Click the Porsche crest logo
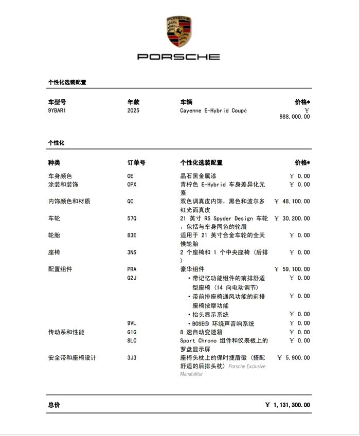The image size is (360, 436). coord(178,31)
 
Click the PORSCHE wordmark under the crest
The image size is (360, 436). coord(178,57)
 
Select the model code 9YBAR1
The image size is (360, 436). coord(57,111)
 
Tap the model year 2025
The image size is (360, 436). coord(133,111)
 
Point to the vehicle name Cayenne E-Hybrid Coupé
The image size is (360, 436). coord(213,111)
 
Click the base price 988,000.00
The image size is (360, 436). coord(295,117)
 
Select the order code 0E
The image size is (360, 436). coord(130,176)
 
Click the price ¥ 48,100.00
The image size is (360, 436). coord(292,202)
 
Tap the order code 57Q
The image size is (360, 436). coord(132,219)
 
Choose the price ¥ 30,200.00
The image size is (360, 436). coord(292,219)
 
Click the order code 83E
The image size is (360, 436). coord(132,235)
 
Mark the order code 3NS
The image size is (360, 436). coord(132,252)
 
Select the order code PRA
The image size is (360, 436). coord(132,269)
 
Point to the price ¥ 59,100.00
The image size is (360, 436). coord(292,269)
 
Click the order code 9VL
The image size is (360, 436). coord(132,323)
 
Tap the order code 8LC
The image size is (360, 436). coord(132,340)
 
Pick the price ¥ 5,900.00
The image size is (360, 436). coord(294,357)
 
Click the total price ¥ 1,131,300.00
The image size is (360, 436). coord(287,405)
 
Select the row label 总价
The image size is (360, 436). coord(54,405)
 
